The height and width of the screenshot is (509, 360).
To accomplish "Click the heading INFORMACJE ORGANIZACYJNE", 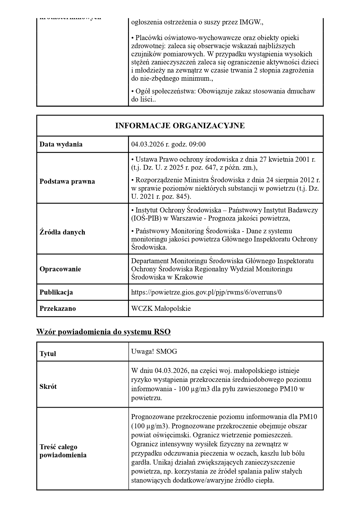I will [180, 126].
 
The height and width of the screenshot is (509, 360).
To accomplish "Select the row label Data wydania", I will [61, 144].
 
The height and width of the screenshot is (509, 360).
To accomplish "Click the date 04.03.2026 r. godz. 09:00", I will [168, 144].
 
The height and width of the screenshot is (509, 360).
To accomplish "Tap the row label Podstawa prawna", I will [67, 181].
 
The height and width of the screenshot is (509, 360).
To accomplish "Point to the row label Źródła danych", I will [62, 232].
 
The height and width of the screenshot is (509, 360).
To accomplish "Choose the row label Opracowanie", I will [60, 269].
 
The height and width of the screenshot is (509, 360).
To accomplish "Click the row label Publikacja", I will [56, 292].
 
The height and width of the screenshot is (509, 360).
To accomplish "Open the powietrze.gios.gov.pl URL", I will [206, 292].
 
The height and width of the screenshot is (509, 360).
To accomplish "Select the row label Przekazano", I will [57, 308].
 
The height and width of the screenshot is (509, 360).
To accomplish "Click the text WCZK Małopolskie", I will [161, 308].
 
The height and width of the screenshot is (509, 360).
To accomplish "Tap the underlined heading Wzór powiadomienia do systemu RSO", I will [103, 332].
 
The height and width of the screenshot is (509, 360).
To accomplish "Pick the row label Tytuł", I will [48, 354].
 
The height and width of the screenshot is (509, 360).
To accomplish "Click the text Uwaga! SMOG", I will [154, 351].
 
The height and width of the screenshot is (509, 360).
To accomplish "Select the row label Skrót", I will [48, 387].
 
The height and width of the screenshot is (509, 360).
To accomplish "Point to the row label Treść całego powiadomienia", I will [63, 451].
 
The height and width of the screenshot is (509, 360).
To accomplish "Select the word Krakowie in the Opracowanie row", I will [188, 277].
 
